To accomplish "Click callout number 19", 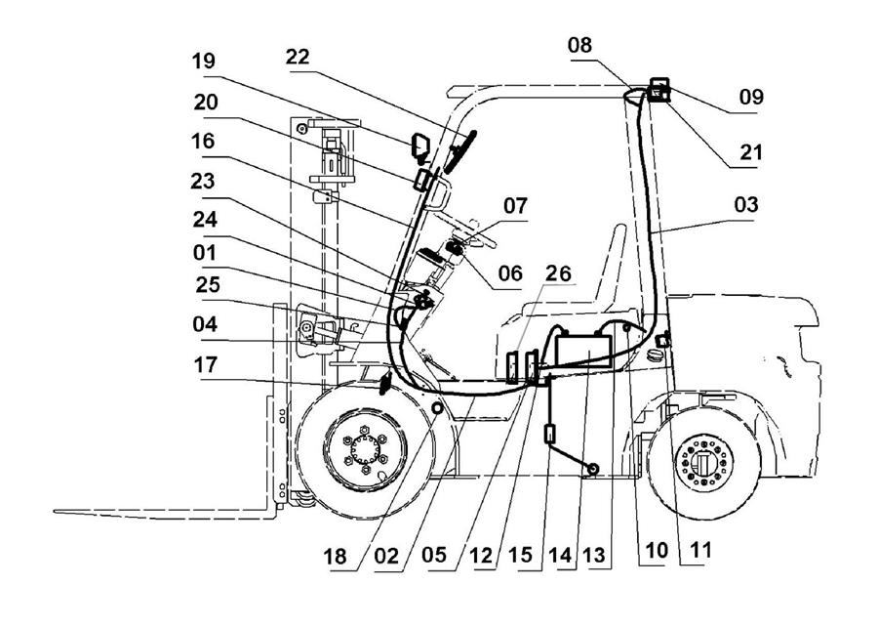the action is (x=203, y=61).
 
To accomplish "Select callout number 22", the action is (x=298, y=57).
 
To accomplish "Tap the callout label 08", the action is (x=579, y=45).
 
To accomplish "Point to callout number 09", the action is (x=751, y=97).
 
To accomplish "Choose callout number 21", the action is (x=751, y=151).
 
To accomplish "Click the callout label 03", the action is (x=746, y=204).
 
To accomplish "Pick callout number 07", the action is (x=515, y=206).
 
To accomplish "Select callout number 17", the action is (x=206, y=364).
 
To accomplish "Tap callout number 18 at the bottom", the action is (x=335, y=557).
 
